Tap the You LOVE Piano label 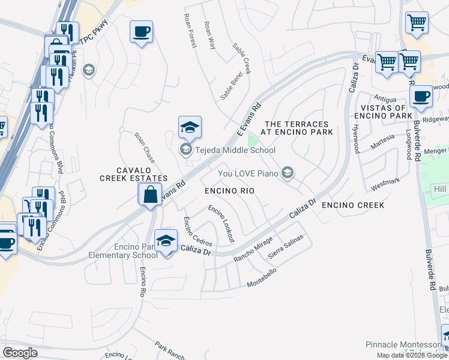[x=250, y=173]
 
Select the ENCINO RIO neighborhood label [x=229, y=191]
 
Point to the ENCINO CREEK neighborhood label [x=352, y=205]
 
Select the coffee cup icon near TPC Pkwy [x=141, y=31]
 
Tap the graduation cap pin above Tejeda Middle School [x=190, y=127]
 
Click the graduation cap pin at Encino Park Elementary [x=166, y=241]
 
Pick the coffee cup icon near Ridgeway [x=421, y=96]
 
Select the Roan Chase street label [x=144, y=148]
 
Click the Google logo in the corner [x=20, y=353]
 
